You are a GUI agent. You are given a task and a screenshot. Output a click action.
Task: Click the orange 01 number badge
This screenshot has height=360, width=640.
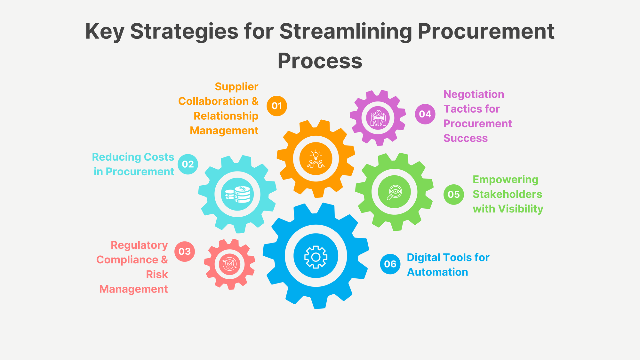pos(277,106)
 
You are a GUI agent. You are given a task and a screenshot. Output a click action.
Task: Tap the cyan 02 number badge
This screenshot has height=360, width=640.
pos(188,164)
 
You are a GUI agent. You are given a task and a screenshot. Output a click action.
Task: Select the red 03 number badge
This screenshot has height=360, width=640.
pos(185,252)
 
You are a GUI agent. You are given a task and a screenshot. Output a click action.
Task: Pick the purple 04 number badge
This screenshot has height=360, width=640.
pos(425,114)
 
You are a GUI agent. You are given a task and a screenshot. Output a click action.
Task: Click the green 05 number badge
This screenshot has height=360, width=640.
pos(454,194)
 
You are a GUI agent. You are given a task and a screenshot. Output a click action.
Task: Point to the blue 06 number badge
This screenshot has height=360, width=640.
pos(390,264)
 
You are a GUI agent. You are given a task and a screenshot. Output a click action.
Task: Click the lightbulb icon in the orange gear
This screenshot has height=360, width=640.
pos(316,159)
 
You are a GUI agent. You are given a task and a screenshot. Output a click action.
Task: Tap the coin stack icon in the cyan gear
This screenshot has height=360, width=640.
pos(237,194)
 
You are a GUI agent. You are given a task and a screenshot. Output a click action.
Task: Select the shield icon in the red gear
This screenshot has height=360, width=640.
pos(229,264)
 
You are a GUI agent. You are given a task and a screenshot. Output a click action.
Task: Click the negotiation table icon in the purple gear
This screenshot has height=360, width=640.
pos(378,118)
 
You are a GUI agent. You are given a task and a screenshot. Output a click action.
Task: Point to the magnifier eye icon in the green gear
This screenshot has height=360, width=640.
pos(394,192)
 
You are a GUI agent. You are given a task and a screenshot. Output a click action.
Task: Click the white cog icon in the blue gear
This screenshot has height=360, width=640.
pos(316,257)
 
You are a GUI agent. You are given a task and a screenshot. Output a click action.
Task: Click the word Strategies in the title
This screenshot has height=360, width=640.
pos(184,31)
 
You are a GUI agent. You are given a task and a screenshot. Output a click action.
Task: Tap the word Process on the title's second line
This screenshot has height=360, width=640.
pos(320,61)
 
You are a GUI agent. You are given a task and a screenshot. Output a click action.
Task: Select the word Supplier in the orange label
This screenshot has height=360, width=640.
pos(236,87)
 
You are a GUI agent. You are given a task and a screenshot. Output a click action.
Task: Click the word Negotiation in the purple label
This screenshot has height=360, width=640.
pos(474,94)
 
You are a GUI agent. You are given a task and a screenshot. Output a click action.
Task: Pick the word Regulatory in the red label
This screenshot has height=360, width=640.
pos(139,245)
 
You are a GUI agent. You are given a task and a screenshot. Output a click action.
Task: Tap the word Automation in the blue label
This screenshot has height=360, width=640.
pos(437,272)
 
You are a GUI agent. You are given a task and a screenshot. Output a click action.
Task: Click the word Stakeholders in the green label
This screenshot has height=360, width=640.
pos(507,194)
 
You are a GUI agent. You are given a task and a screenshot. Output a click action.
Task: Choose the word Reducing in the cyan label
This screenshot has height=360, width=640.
pos(116,157)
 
